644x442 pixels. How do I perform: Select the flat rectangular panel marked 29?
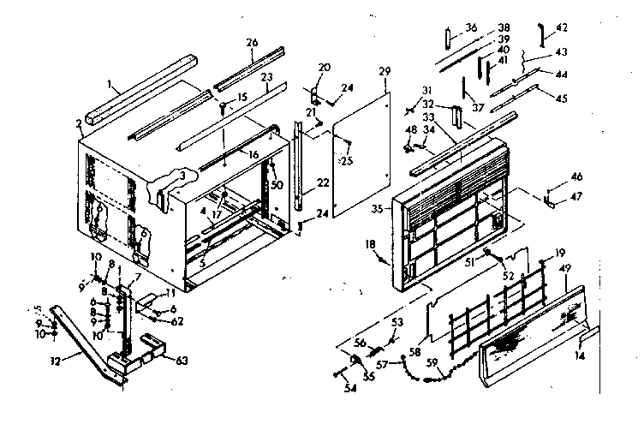coord(360,154)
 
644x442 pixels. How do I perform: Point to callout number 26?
coord(252,44)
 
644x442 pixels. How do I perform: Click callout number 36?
coord(471,28)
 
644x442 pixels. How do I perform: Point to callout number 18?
coord(370,246)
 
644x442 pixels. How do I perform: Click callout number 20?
coord(324,68)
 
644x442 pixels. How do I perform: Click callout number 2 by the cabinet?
coord(80,124)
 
